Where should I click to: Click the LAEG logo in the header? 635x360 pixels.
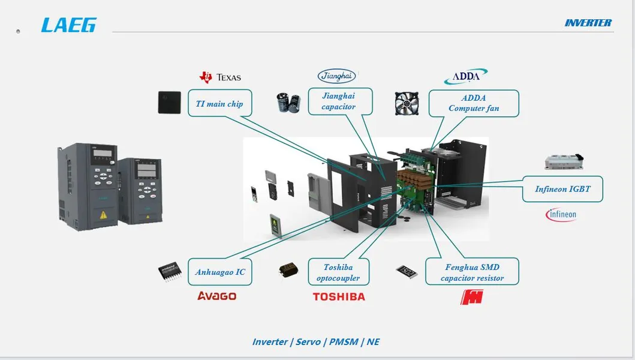[68, 25]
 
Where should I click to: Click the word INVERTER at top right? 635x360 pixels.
[588, 23]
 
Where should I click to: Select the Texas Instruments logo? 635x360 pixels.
[220, 77]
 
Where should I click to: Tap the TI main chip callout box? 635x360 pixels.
[219, 104]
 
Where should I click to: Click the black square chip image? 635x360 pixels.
[170, 103]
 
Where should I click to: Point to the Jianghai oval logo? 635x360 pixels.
[336, 76]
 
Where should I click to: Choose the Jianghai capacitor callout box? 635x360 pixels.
[339, 101]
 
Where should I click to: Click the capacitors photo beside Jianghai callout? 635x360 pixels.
[288, 103]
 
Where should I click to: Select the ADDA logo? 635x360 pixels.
[465, 77]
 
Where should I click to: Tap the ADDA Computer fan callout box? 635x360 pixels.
[474, 103]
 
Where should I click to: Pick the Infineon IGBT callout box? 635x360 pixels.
[562, 189]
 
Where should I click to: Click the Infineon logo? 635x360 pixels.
[561, 214]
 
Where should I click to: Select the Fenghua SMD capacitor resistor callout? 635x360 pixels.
[472, 272]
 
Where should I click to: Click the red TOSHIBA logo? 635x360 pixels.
[339, 296]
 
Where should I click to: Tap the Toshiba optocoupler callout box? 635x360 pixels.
[338, 272]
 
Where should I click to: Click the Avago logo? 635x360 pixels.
[217, 296]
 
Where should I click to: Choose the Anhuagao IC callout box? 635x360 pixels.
[220, 272]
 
